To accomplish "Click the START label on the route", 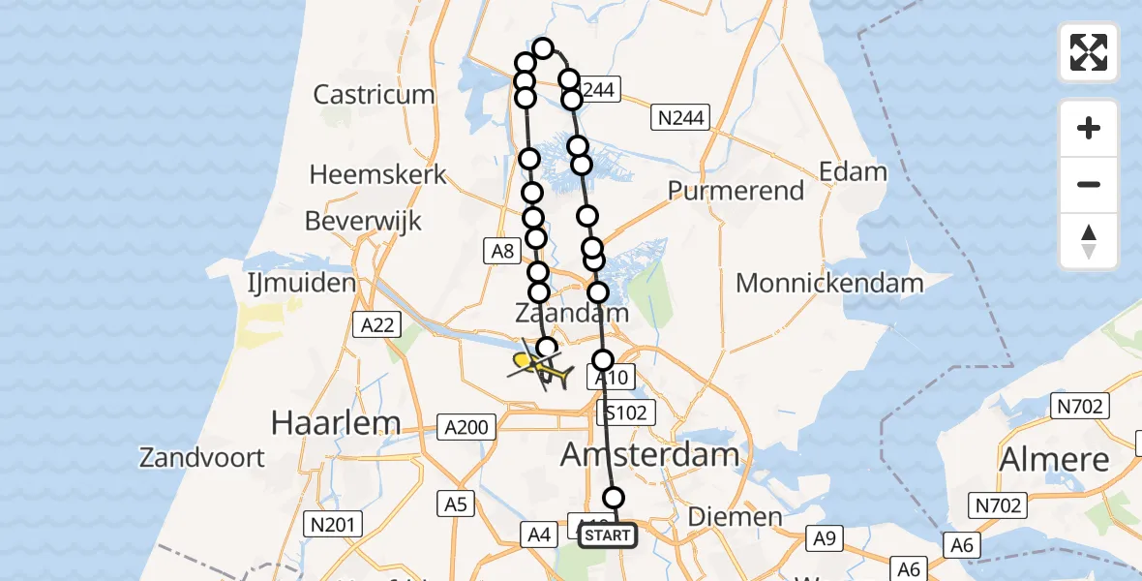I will point(609,535).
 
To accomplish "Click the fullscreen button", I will point(1089,52).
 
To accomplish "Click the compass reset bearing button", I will point(1089,242).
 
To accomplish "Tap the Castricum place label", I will point(375,95).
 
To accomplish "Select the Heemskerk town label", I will point(377,175).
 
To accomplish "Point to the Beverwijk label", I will point(363,221).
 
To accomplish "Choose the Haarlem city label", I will point(336,422).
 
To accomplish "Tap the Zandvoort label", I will point(202,457).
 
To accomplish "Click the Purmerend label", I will point(736,191).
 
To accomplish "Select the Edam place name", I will point(853,172).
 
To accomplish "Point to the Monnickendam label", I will point(829,284).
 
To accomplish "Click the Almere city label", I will point(1054,458).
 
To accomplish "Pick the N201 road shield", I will point(333,525).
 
